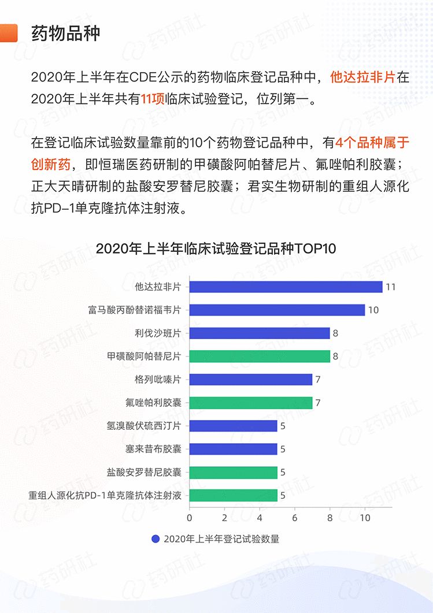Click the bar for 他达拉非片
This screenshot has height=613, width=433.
[x=286, y=287]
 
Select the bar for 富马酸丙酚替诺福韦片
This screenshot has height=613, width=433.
[x=277, y=310]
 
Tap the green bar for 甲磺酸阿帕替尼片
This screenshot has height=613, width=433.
[x=260, y=356]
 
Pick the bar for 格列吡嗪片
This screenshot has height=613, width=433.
[x=251, y=380]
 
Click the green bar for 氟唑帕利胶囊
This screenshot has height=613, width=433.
[x=251, y=403]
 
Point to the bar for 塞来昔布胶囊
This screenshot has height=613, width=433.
[x=234, y=449]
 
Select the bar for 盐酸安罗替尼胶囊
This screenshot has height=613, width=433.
[x=234, y=472]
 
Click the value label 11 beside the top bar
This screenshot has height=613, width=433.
[x=390, y=287]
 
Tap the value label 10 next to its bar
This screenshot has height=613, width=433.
[x=373, y=310]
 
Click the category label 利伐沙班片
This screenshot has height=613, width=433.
[x=157, y=333]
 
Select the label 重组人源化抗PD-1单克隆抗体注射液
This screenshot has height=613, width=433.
[x=105, y=495]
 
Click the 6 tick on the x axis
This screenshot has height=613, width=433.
[x=295, y=518]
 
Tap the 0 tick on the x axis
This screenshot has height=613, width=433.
[x=190, y=518]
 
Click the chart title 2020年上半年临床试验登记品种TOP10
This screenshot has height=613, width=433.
[x=216, y=249]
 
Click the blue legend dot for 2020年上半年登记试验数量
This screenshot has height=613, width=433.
[x=156, y=539]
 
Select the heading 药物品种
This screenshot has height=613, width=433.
[x=66, y=33]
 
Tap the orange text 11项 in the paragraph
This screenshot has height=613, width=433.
[x=153, y=99]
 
